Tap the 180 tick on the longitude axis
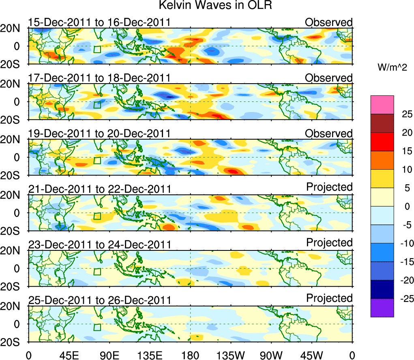pyautogui.click(x=191, y=355)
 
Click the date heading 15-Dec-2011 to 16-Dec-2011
pyautogui.click(x=99, y=22)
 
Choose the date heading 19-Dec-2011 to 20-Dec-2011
pyautogui.click(x=99, y=134)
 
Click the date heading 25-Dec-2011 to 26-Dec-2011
pyautogui.click(x=99, y=300)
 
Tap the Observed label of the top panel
pyautogui.click(x=329, y=22)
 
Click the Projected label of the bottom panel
pyautogui.click(x=329, y=298)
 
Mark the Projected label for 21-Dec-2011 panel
pyautogui.click(x=329, y=187)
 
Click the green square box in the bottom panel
pyautogui.click(x=97, y=328)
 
